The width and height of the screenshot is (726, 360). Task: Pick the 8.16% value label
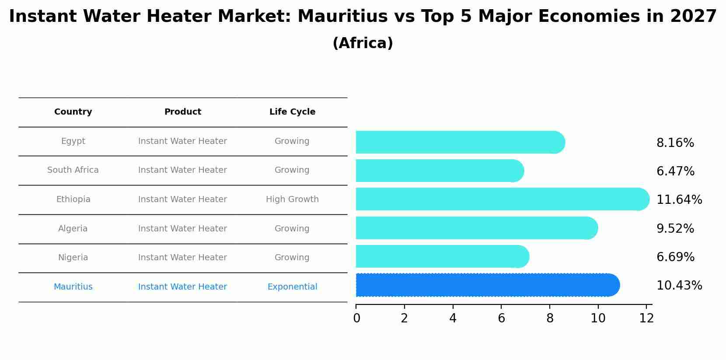pos(675,143)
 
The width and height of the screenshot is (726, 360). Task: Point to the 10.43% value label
pos(679,286)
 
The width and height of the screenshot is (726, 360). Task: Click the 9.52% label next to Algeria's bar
pos(675,229)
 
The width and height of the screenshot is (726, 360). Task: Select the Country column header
pos(73,112)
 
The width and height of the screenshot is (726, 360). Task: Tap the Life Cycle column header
pos(292,112)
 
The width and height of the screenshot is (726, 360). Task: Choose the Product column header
pos(182,112)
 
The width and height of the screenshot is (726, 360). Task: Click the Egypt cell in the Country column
pos(73,141)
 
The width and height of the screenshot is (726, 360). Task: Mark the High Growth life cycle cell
pos(292,199)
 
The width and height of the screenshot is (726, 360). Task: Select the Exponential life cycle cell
pos(292,287)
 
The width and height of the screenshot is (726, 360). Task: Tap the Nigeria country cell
pos(73,258)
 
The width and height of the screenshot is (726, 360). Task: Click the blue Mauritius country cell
pos(73,287)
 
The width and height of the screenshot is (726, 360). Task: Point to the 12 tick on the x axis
pos(646,318)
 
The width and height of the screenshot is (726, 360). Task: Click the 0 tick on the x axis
pos(356,318)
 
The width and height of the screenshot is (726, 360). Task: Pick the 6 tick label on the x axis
pos(501,318)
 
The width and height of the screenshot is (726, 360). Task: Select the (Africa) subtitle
pos(363,43)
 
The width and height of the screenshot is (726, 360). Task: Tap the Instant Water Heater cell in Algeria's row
pos(182,229)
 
